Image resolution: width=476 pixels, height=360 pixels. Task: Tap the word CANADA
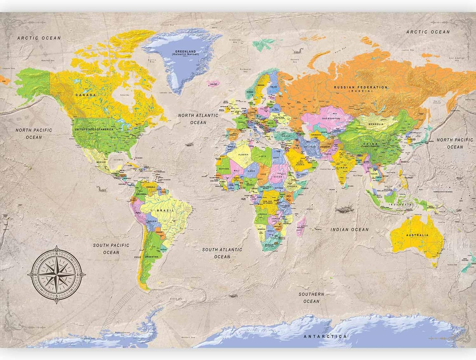[86, 95]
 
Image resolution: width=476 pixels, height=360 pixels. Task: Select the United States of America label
[94, 130]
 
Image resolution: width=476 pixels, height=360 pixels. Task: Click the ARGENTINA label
[151, 257]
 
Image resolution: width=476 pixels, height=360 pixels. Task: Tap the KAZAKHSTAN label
[331, 118]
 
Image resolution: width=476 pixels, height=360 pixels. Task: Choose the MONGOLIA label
[376, 124]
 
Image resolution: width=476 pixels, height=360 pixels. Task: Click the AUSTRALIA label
[417, 235]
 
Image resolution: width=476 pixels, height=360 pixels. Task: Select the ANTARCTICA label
[325, 336]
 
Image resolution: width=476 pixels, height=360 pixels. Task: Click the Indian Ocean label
[350, 229]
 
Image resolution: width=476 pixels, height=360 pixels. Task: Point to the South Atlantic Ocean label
[222, 253]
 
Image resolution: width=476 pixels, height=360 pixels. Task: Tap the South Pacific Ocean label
[111, 249]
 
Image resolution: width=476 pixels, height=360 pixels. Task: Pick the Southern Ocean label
[311, 298]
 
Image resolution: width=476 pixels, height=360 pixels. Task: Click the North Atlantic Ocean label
[198, 119]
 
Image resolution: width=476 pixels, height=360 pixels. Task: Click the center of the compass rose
[57, 275]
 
